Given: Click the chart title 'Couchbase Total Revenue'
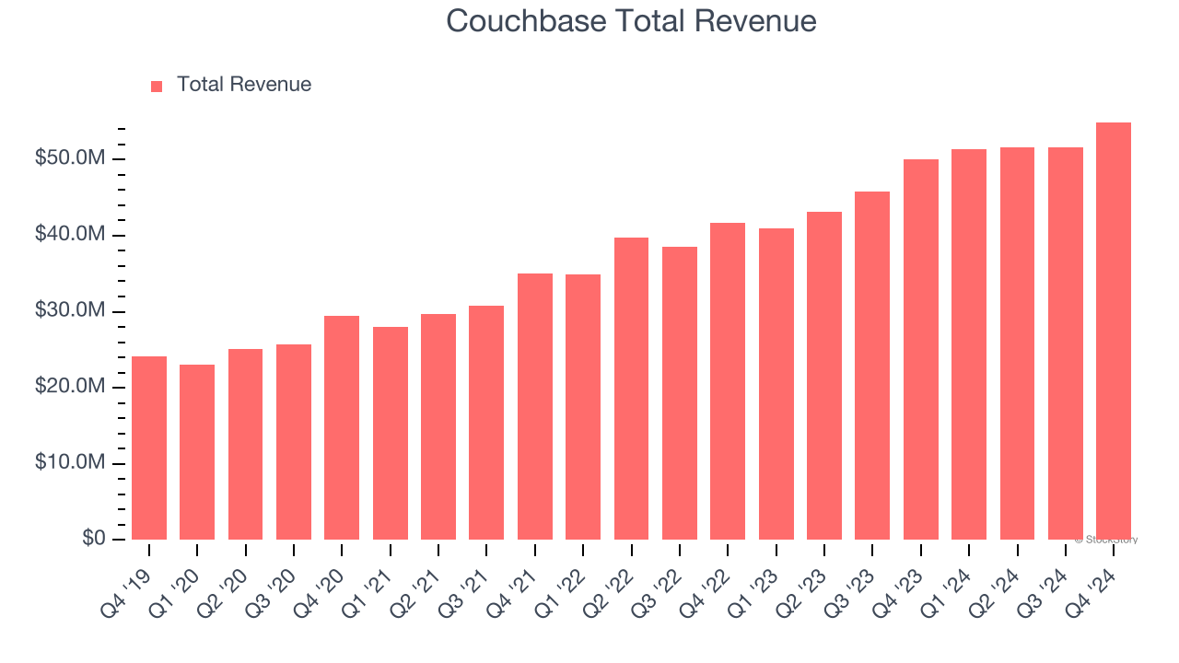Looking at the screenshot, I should click(631, 21).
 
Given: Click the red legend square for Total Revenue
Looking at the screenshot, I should click(157, 86).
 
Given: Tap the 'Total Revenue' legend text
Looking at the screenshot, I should click(244, 85).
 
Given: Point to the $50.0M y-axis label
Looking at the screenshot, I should click(70, 159).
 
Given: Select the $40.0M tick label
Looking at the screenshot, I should click(70, 236).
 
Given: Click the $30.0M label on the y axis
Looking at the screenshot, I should click(70, 311).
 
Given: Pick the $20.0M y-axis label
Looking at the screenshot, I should click(70, 388).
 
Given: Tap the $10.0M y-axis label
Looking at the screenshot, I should click(70, 463).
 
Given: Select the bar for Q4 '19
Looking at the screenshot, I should click(149, 448).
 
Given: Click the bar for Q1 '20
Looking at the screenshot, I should click(197, 452).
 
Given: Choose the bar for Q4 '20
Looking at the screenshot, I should click(342, 427).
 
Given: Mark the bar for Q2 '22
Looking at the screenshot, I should click(631, 389).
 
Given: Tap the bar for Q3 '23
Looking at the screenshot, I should click(872, 366).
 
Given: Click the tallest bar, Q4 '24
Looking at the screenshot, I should click(1113, 331).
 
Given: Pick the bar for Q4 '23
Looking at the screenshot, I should click(920, 350).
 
